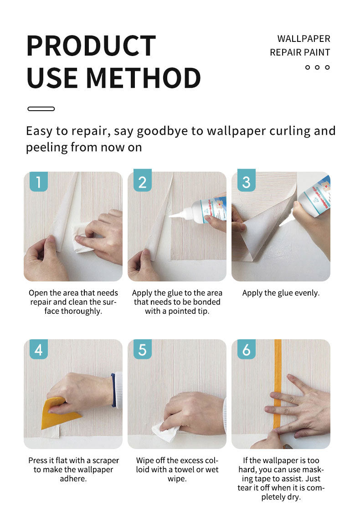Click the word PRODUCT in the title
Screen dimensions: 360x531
pyautogui.click(x=91, y=46)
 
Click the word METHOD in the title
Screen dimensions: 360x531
pyautogui.click(x=144, y=78)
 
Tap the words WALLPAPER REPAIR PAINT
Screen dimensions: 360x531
pyautogui.click(x=300, y=46)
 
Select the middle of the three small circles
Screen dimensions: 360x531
pyautogui.click(x=317, y=67)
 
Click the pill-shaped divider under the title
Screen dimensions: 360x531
pyautogui.click(x=41, y=109)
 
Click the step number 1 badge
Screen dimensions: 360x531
pyautogui.click(x=39, y=182)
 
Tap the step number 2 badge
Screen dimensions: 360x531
pyautogui.click(x=142, y=180)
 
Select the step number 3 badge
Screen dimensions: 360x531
pyautogui.click(x=247, y=180)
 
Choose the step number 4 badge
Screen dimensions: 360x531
pyautogui.click(x=39, y=349)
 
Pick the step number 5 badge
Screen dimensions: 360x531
pyautogui.click(x=142, y=349)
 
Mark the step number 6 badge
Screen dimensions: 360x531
pyautogui.click(x=247, y=349)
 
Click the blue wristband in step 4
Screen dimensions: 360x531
pyautogui.click(x=113, y=389)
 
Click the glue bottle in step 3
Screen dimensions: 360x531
pyautogui.click(x=314, y=197)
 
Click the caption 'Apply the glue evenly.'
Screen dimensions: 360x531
pyautogui.click(x=281, y=293)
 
